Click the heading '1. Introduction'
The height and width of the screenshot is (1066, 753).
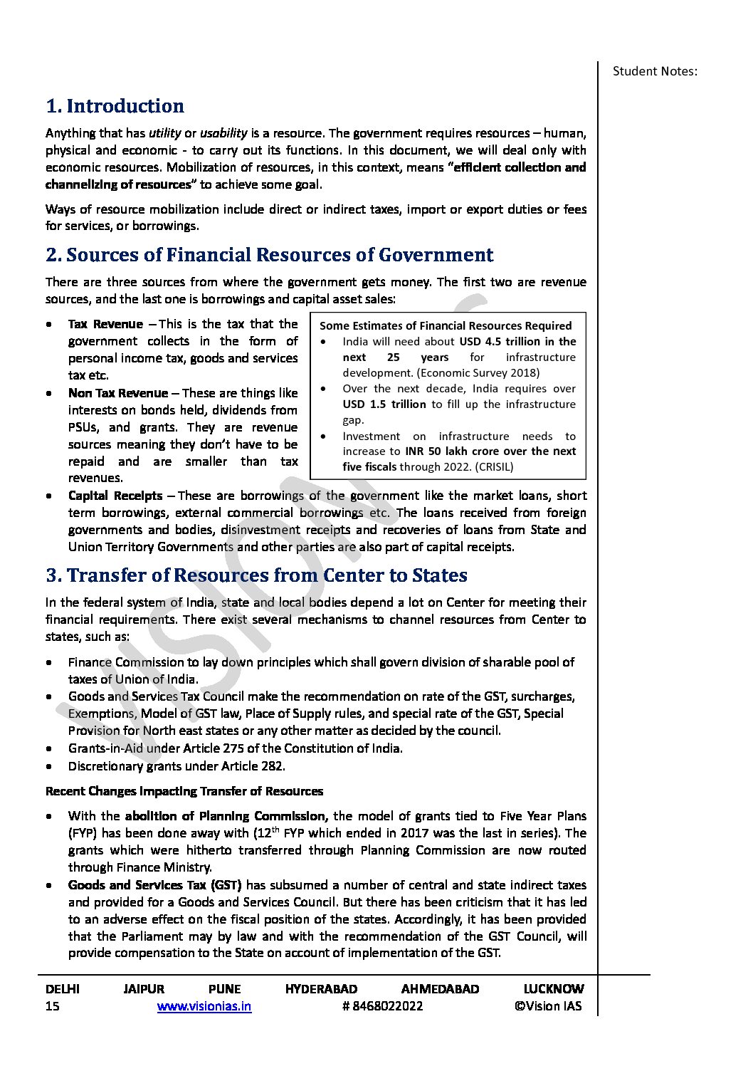coord(115,106)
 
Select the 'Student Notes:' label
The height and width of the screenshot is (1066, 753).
coord(655,71)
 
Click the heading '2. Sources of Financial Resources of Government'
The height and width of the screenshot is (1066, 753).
coord(269,255)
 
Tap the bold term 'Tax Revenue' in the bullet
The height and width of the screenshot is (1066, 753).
coord(105,324)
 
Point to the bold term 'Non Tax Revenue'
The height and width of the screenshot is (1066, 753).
coord(118,393)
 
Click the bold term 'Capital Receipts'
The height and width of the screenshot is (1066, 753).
coord(115,496)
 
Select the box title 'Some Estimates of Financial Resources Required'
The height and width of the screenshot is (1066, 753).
coord(446,326)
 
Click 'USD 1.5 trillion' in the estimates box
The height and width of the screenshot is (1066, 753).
coord(384,404)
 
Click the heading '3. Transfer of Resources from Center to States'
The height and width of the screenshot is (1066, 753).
coord(256,575)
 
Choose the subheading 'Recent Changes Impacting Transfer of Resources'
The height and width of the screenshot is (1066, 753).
coord(184,791)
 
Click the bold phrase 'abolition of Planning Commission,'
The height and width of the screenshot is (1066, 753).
coord(226,816)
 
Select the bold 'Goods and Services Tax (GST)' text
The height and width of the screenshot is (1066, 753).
coord(155,885)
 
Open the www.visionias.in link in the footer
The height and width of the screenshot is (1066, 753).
coord(204,1006)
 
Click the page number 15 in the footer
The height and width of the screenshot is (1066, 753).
coord(53,1006)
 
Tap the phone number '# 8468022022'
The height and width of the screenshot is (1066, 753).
coord(382,1006)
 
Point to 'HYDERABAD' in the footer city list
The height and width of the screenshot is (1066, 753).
coord(321,989)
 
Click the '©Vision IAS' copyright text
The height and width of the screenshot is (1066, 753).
coord(548,1006)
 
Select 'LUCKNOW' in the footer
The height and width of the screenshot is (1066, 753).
coord(553,989)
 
